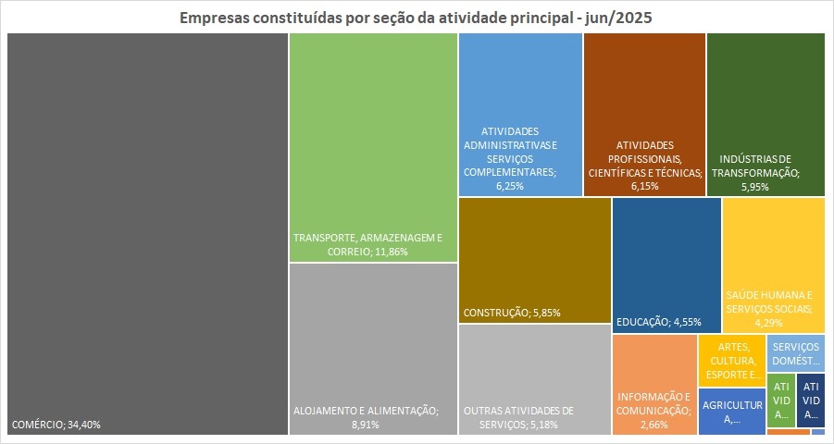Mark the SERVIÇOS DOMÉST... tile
click(x=795, y=351)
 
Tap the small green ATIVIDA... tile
click(x=781, y=400)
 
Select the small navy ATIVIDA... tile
click(x=811, y=400)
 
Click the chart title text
click(x=417, y=18)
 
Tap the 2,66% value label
click(x=654, y=425)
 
